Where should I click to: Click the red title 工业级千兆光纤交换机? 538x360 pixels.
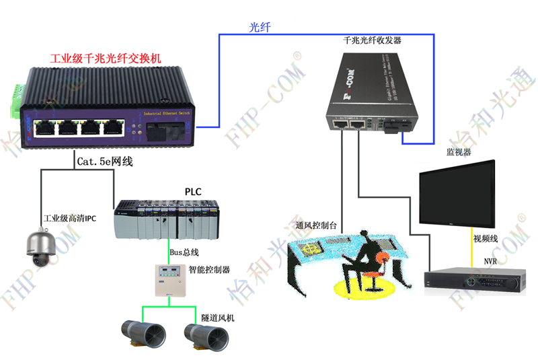[106, 59]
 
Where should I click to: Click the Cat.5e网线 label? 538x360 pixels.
[104, 162]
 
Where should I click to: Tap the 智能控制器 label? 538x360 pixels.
[209, 270]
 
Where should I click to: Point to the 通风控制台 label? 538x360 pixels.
[306, 227]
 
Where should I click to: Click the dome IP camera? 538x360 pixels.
[42, 250]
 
